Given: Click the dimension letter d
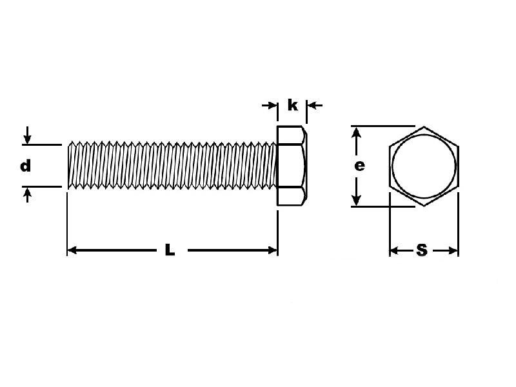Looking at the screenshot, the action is click(x=25, y=166).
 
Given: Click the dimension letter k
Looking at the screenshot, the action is click(x=293, y=105).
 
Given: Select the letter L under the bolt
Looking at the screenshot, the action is click(x=170, y=250).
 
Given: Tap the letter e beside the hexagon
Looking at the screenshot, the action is click(x=360, y=166).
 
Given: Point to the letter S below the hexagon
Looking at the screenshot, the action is click(x=422, y=250).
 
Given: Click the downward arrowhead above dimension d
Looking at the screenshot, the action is click(x=28, y=139).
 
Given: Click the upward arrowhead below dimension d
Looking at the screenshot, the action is click(x=28, y=192).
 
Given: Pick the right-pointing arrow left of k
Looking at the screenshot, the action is click(x=270, y=105).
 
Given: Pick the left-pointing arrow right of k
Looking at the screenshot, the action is click(x=314, y=105).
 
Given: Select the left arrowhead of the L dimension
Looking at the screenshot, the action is click(x=72, y=250).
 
